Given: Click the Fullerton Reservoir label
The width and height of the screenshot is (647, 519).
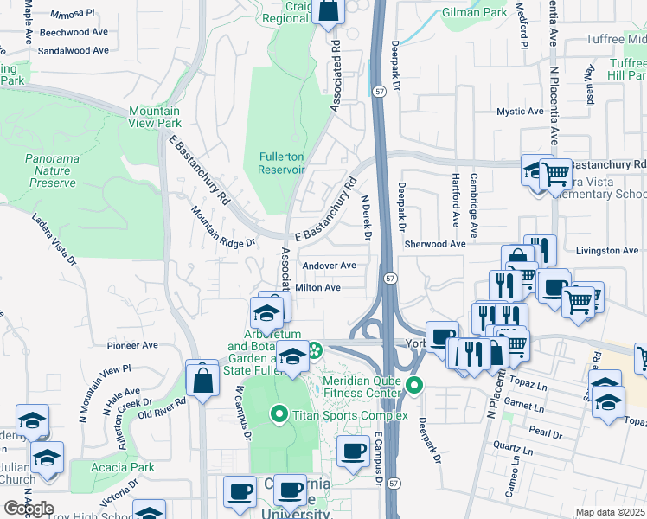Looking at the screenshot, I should click(281, 163).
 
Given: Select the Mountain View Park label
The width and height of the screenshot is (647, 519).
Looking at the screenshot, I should click(155, 117).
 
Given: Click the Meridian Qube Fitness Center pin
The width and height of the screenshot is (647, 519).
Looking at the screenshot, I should click(414, 386).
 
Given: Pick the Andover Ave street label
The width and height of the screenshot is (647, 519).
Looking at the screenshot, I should click(329, 266).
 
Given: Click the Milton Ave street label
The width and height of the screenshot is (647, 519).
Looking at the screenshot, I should click(317, 287).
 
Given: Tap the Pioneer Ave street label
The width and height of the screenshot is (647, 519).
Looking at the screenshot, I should click(132, 345).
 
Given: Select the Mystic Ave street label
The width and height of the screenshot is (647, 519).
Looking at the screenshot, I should click(519, 112).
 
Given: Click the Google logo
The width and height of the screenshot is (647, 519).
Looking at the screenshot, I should click(29, 509).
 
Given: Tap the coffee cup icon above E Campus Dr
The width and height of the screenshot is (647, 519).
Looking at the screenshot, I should click(352, 452).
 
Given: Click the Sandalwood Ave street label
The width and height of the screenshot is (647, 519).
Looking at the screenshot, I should click(74, 51).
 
